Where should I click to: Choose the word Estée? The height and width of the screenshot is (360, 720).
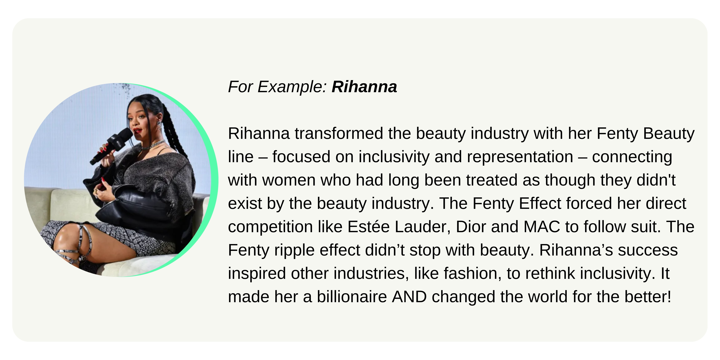click(x=368, y=227)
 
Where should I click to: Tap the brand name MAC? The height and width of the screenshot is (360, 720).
click(x=542, y=227)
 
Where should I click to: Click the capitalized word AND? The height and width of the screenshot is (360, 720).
click(x=409, y=297)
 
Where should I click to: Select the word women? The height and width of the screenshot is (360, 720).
click(x=288, y=180)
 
